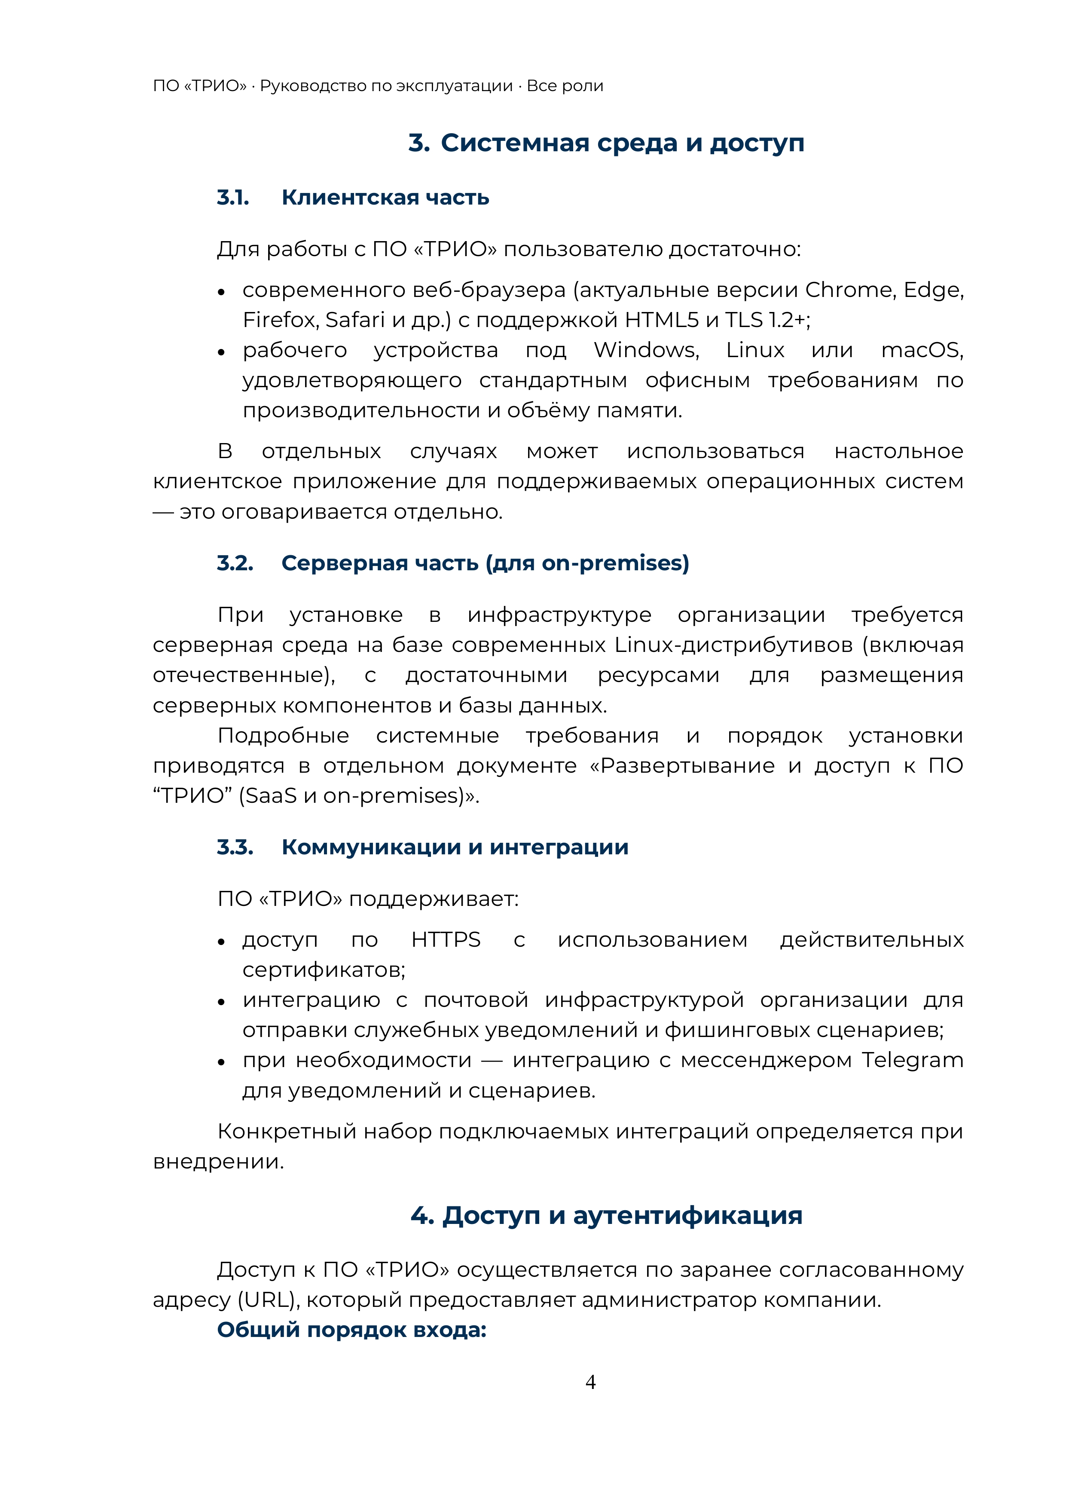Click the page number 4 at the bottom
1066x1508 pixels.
coord(590,1382)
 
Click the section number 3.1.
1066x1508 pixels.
coord(233,198)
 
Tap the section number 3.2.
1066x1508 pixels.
coord(235,563)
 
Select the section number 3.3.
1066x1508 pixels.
coord(235,847)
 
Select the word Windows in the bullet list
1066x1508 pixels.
coord(646,350)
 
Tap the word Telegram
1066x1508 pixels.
coord(912,1060)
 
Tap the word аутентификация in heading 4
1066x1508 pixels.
coord(687,1216)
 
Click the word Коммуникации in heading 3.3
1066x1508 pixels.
coord(370,847)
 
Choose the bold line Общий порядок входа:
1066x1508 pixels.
coord(351,1330)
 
